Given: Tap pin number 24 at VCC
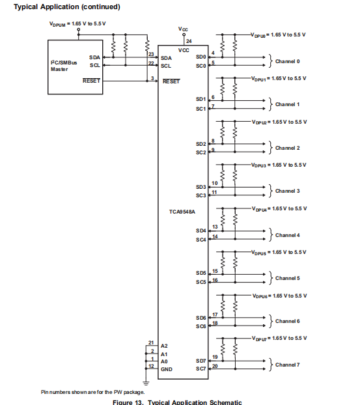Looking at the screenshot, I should [189, 42].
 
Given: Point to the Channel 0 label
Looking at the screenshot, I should [287, 61].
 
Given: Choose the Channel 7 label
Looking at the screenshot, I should [287, 365].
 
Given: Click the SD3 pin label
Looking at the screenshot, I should [201, 187].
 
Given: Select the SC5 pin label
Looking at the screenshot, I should [201, 282].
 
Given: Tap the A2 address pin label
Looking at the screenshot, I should [164, 346].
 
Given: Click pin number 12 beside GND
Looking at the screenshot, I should [151, 366].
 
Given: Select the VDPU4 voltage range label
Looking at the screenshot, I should [279, 208].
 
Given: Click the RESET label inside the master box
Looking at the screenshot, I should [92, 81].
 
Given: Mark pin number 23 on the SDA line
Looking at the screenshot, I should [151, 53].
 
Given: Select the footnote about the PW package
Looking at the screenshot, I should [92, 392].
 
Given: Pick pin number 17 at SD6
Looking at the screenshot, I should [215, 314].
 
